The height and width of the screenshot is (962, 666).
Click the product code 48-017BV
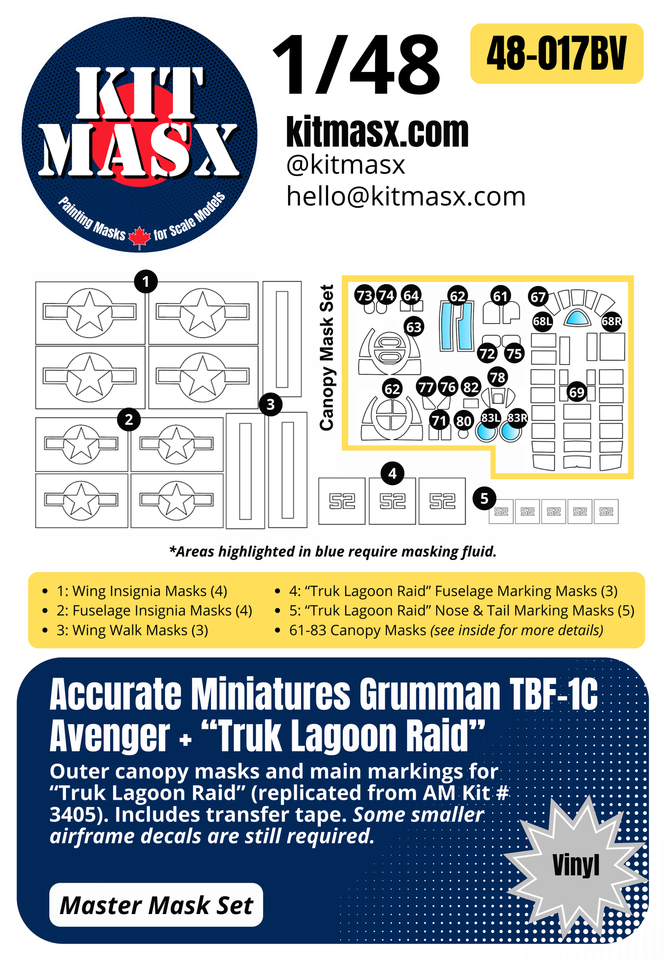click(x=556, y=53)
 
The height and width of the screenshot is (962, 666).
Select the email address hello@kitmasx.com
click(x=406, y=196)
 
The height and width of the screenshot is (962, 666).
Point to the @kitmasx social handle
click(x=345, y=165)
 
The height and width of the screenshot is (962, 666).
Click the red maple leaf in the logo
click(x=139, y=237)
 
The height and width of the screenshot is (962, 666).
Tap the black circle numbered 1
click(x=146, y=281)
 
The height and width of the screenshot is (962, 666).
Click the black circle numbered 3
click(x=271, y=404)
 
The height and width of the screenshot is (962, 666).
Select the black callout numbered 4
click(x=392, y=473)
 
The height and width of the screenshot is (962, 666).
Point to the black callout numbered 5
click(x=484, y=498)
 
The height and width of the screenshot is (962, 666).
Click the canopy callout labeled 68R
click(x=611, y=321)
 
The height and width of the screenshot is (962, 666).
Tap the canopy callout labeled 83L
click(x=490, y=418)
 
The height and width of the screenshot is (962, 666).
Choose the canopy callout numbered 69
click(x=577, y=392)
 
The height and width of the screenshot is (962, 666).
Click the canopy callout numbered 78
click(x=498, y=378)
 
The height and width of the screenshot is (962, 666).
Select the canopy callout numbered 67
click(x=538, y=297)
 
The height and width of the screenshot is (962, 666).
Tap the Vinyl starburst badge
click(x=576, y=865)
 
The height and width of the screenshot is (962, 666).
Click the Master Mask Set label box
click(x=156, y=905)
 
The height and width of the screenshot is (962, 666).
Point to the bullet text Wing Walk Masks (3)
click(x=132, y=630)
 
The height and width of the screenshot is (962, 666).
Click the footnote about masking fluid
click(x=333, y=551)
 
